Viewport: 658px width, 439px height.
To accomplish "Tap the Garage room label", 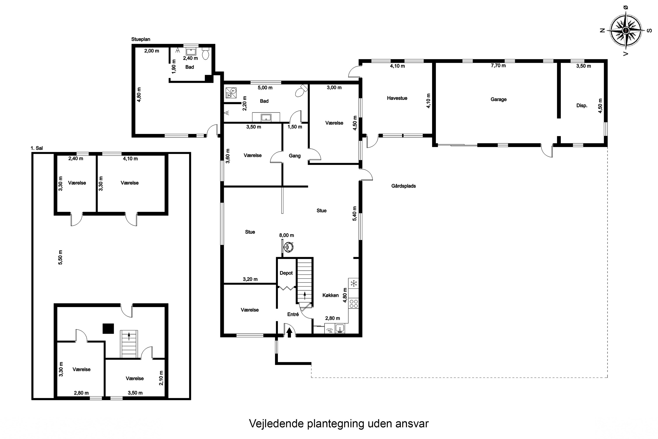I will pyautogui.click(x=498, y=99).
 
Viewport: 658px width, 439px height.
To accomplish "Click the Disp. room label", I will pyautogui.click(x=582, y=106).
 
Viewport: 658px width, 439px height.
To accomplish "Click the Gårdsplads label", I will pyautogui.click(x=403, y=186).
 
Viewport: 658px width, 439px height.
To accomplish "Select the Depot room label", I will pyautogui.click(x=286, y=273).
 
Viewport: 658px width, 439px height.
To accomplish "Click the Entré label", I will pyautogui.click(x=293, y=314).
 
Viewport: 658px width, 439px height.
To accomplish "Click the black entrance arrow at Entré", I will pyautogui.click(x=289, y=332).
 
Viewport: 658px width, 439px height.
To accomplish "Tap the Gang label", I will pyautogui.click(x=294, y=156).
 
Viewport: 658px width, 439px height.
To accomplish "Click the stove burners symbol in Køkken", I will pyautogui.click(x=354, y=304).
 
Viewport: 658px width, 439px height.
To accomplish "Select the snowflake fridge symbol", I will pyautogui.click(x=354, y=283).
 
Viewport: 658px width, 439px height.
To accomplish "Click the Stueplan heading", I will pyautogui.click(x=141, y=40).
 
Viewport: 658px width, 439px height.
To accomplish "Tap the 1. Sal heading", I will pyautogui.click(x=37, y=148).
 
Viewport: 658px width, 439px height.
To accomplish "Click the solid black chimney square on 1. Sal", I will pyautogui.click(x=108, y=328).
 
